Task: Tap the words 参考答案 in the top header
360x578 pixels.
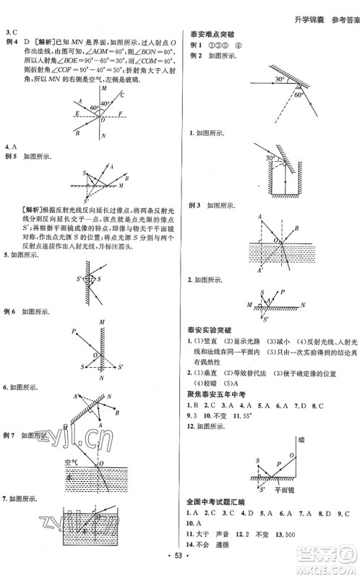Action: pyautogui.click(x=341, y=9)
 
